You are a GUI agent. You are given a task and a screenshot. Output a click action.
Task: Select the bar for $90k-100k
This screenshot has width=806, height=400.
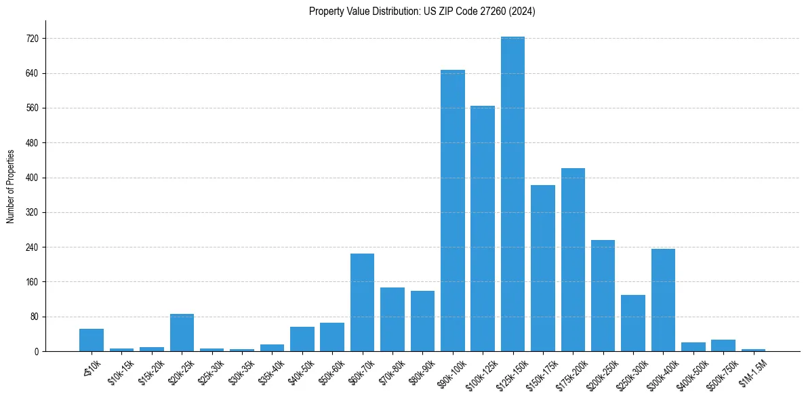[x=453, y=210]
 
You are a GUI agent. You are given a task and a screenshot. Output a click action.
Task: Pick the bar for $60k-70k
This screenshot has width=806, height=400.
[x=362, y=302]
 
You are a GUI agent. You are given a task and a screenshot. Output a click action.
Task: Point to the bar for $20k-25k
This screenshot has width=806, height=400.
[x=182, y=332]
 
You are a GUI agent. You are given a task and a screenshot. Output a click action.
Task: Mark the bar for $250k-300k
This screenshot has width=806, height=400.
[x=633, y=323]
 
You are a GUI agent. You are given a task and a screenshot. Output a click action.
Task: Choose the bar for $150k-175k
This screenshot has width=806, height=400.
[x=543, y=268]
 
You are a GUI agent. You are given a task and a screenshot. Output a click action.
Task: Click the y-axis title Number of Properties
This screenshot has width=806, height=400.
[x=10, y=186]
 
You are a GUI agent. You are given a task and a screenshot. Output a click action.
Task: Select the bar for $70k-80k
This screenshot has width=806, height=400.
[x=392, y=319]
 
